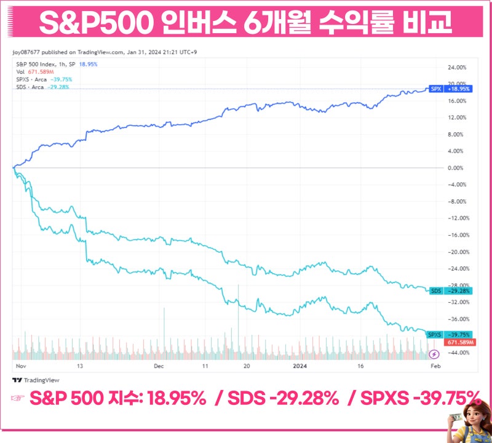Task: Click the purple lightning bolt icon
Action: tap(434, 354)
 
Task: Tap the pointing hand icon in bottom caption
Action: tap(18, 399)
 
